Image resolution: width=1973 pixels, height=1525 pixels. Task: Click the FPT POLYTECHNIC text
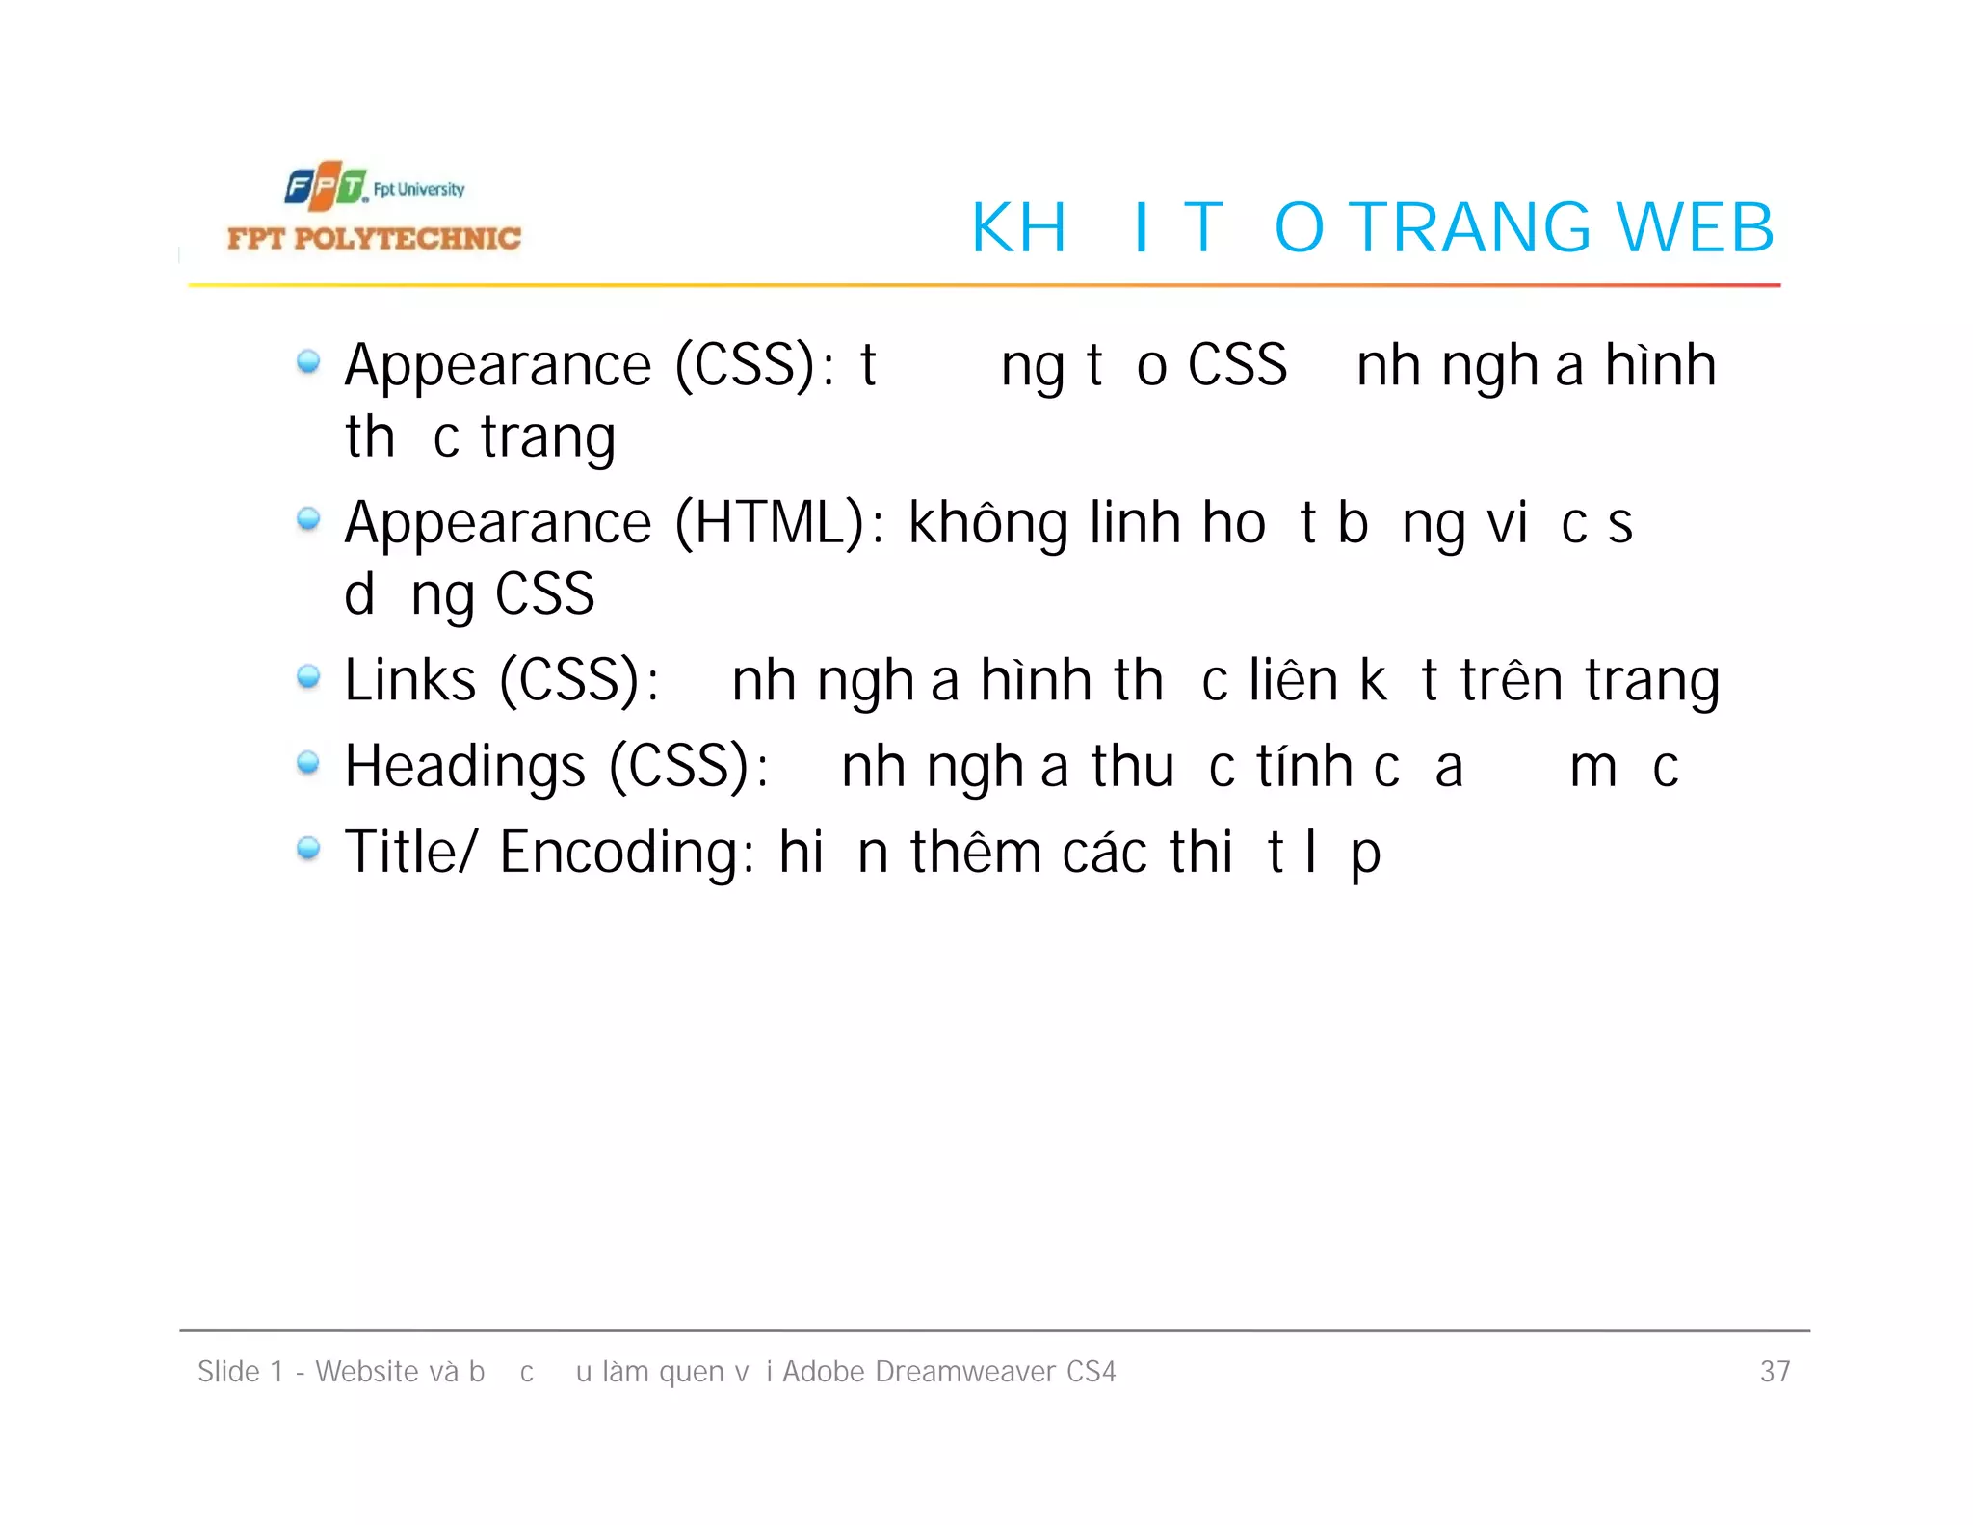pyautogui.click(x=374, y=238)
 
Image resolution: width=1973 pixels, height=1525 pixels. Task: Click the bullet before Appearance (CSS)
pyautogui.click(x=308, y=362)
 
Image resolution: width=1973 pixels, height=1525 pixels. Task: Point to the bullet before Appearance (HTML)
pyautogui.click(x=308, y=520)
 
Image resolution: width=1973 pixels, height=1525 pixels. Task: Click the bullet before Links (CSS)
pyautogui.click(x=308, y=677)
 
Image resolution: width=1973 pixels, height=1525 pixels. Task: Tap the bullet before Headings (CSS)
pyautogui.click(x=308, y=763)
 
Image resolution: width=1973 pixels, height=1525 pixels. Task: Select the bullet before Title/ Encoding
pyautogui.click(x=308, y=849)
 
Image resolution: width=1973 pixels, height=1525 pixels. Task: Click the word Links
pyautogui.click(x=409, y=680)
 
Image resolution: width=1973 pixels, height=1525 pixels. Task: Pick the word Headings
pyautogui.click(x=464, y=767)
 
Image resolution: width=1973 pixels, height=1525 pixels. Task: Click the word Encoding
pyautogui.click(x=626, y=853)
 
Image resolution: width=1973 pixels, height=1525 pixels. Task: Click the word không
pyautogui.click(x=987, y=523)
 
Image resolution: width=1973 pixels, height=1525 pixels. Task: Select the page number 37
pyautogui.click(x=1775, y=1371)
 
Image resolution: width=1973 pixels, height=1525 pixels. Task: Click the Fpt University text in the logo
pyautogui.click(x=419, y=189)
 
